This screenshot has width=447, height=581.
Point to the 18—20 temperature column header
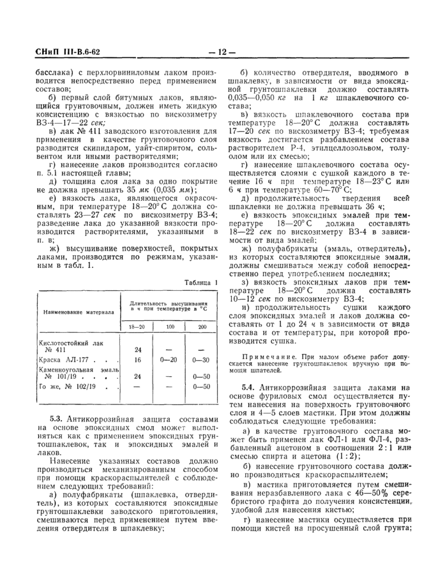137,327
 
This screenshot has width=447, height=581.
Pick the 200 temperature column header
202,327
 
